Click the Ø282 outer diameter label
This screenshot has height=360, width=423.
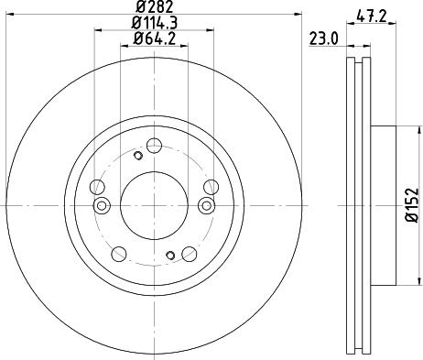pyautogui.click(x=153, y=7)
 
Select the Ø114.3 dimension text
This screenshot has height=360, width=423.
pyautogui.click(x=153, y=23)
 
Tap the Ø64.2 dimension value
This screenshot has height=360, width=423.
pyautogui.click(x=153, y=38)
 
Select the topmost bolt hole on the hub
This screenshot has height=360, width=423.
pyautogui.click(x=154, y=144)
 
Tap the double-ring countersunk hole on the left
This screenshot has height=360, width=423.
pyautogui.click(x=103, y=204)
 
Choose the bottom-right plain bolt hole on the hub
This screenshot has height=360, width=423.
pyautogui.click(x=190, y=253)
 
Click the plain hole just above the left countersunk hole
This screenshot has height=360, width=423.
pyautogui.click(x=96, y=188)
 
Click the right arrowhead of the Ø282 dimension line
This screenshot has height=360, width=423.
pyautogui.click(x=298, y=14)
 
